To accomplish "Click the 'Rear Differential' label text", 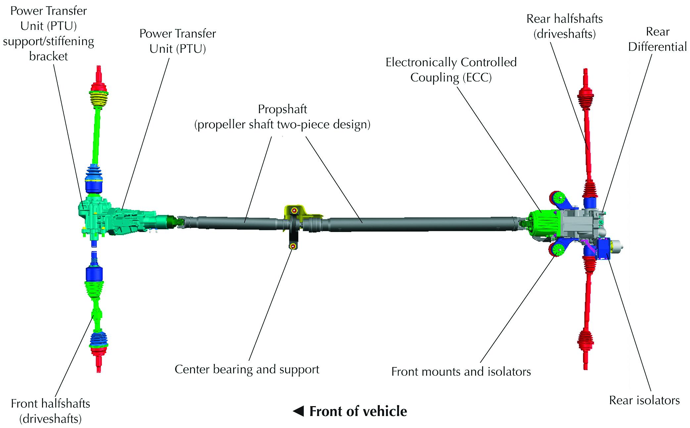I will [658, 39].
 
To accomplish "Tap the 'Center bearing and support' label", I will [247, 369].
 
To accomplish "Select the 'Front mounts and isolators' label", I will [461, 372].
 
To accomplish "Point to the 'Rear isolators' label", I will [644, 401].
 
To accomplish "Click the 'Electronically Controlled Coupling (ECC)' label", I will [451, 70].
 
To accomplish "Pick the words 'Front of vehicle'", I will [358, 411].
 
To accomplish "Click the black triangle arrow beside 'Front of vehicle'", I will [298, 411].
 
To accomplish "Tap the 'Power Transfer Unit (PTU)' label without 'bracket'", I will [177, 41].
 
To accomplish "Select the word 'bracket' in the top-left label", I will [48, 56].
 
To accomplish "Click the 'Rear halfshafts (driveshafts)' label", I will [565, 27].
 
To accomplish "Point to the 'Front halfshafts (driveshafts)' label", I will [50, 411].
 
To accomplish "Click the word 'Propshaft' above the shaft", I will [282, 109].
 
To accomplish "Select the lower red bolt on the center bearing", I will [292, 246].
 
